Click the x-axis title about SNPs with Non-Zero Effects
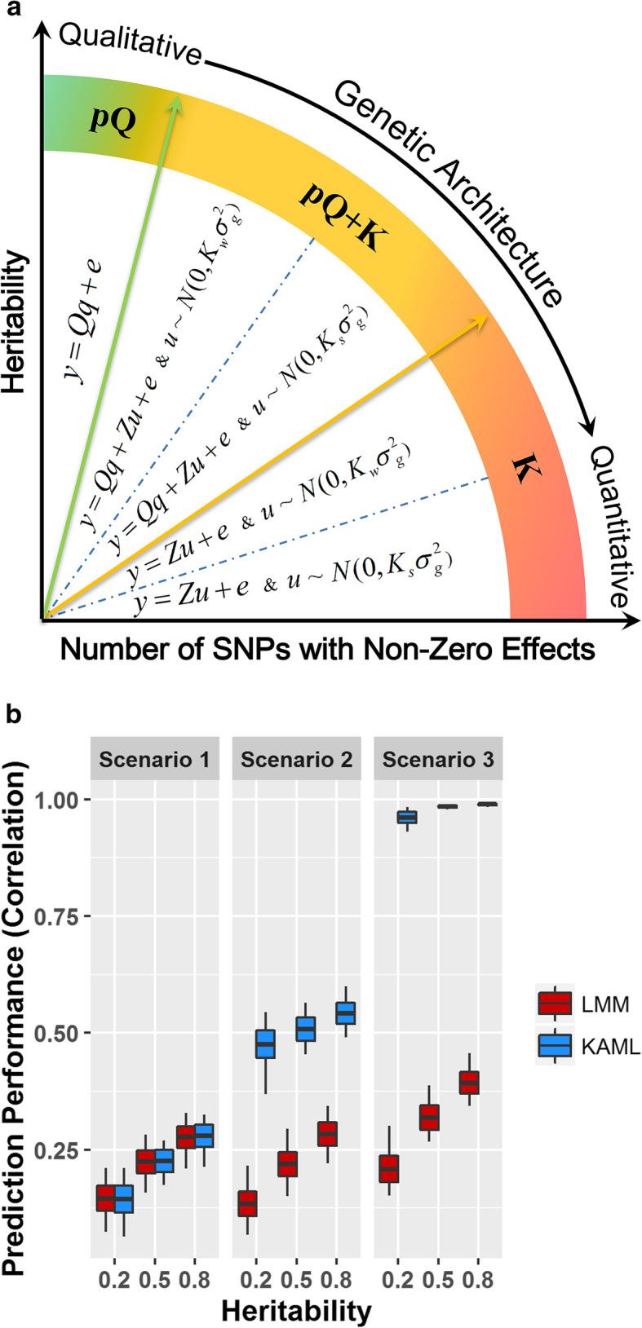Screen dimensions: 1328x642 tap(327, 651)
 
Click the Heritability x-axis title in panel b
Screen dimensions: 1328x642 tap(297, 1311)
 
